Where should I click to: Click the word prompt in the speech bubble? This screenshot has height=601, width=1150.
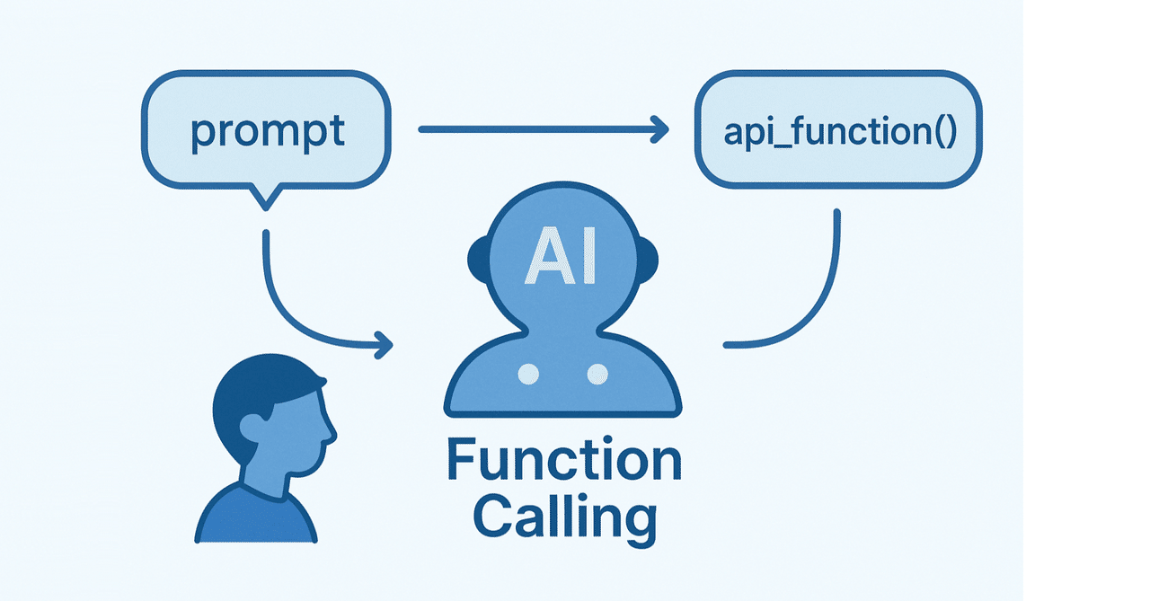point(268,132)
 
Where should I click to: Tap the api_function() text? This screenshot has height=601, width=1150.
point(840,132)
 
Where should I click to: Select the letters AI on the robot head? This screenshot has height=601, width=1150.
point(561,256)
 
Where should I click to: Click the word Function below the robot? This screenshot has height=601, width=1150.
point(564,459)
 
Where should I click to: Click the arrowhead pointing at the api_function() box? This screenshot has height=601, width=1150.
point(659,129)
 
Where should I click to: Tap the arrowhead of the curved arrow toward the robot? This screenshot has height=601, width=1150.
point(383,345)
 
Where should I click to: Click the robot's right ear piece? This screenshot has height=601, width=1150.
point(648,260)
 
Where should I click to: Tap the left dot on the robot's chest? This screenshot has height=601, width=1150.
point(528,374)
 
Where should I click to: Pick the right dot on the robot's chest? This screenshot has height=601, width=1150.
point(597,374)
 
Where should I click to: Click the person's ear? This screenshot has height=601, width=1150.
point(253,427)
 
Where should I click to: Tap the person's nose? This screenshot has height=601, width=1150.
point(332,435)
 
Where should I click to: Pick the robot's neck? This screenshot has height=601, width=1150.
point(562,329)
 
